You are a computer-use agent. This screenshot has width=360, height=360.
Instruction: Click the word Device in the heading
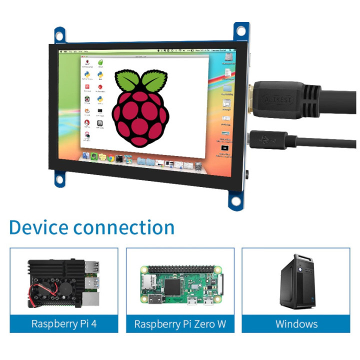(x=38, y=227)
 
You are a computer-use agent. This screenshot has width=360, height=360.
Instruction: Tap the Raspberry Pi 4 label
(x=64, y=323)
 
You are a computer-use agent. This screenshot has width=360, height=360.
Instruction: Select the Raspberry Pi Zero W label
(x=180, y=323)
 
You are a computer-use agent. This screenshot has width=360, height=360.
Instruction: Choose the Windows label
(x=296, y=323)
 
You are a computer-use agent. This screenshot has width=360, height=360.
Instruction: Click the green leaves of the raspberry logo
(x=140, y=80)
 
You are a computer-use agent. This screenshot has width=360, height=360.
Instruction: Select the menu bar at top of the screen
(x=145, y=51)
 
